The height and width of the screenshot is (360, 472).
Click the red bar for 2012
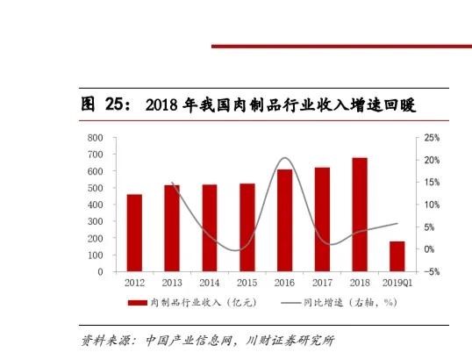pos(134,233)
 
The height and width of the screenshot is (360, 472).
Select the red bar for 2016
pos(285,220)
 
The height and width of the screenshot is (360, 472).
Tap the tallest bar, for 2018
pos(360,214)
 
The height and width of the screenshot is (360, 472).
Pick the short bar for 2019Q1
pos(397,256)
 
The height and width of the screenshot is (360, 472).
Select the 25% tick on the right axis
pos(431,139)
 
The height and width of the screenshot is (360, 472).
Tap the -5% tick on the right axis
pos(430,272)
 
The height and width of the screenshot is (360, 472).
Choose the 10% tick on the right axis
pos(431,205)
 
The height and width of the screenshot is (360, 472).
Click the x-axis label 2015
pos(247,283)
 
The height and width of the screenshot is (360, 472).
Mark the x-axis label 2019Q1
pos(397,283)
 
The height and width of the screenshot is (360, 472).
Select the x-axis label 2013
pos(172,283)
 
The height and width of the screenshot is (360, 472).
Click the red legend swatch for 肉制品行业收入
pos(139,303)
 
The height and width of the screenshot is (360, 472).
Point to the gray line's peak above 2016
pos(284,159)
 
